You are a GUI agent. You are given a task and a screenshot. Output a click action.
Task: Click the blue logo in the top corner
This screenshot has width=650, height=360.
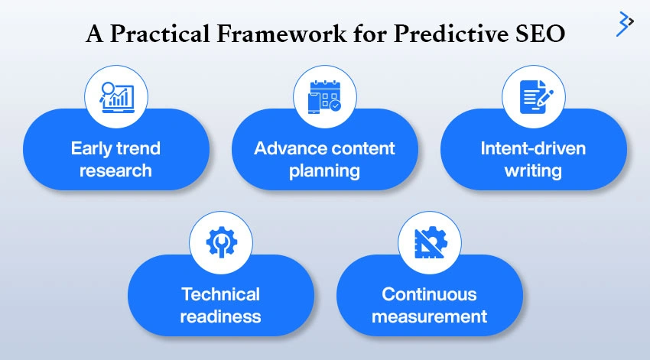625,24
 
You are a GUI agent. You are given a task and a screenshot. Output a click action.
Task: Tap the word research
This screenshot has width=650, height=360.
115,170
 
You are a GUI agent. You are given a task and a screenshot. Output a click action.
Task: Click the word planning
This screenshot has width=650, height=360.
324,170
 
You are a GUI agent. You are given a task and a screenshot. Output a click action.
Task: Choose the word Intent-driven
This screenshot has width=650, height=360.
533,148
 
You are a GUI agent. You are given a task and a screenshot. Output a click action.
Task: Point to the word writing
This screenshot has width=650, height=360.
533,170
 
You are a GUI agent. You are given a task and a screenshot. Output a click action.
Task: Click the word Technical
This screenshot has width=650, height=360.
220,294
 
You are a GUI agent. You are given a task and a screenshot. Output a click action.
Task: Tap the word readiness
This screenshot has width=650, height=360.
220,316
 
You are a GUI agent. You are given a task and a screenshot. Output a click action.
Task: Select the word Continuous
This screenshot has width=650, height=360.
429,294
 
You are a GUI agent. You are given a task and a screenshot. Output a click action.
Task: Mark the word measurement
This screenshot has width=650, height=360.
429,316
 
